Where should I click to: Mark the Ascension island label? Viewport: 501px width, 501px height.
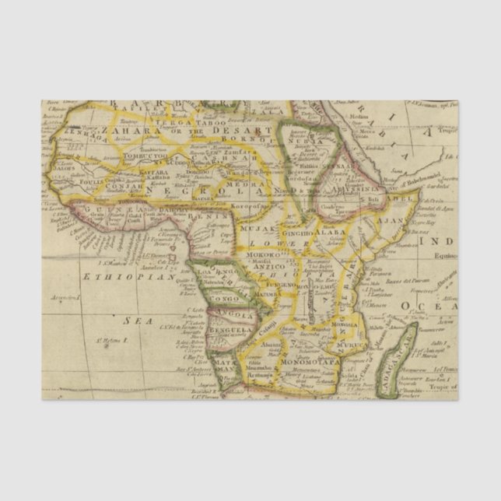65,297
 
